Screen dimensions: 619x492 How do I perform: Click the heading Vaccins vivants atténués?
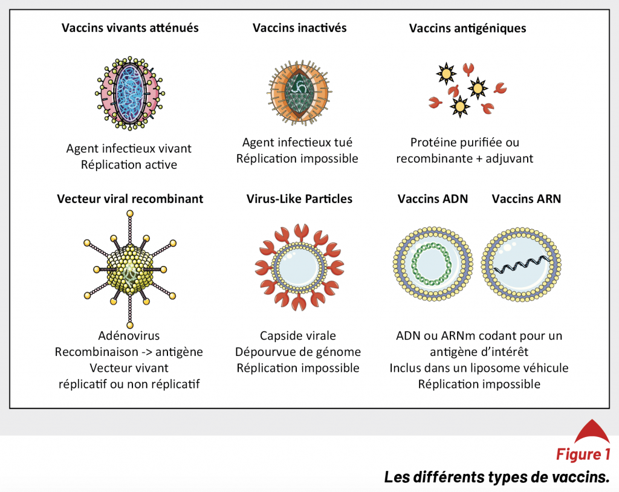click(x=130, y=28)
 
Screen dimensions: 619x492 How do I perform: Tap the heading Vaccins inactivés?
click(x=300, y=28)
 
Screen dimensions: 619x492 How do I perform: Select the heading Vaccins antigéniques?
click(x=467, y=28)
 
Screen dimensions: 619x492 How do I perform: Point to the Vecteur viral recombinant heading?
click(x=130, y=199)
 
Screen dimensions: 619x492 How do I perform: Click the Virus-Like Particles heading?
click(x=299, y=199)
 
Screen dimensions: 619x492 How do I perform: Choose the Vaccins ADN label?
click(x=433, y=199)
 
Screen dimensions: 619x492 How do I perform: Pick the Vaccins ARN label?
click(x=527, y=199)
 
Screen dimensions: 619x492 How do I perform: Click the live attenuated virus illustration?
click(x=129, y=93)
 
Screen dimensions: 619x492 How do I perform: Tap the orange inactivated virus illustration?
click(x=299, y=92)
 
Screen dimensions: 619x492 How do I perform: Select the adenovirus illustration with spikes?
click(x=129, y=270)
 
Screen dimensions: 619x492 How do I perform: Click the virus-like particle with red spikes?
click(x=299, y=268)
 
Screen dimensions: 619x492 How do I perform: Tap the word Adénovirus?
click(x=129, y=335)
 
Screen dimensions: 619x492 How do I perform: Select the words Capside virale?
click(x=298, y=335)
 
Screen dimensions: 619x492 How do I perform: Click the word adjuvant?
click(x=509, y=158)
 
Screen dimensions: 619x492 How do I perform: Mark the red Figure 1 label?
click(x=583, y=454)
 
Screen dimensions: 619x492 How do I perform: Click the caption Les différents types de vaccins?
click(x=497, y=477)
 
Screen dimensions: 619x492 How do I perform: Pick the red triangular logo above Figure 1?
click(x=592, y=431)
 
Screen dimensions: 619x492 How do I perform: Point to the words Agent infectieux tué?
click(x=297, y=142)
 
